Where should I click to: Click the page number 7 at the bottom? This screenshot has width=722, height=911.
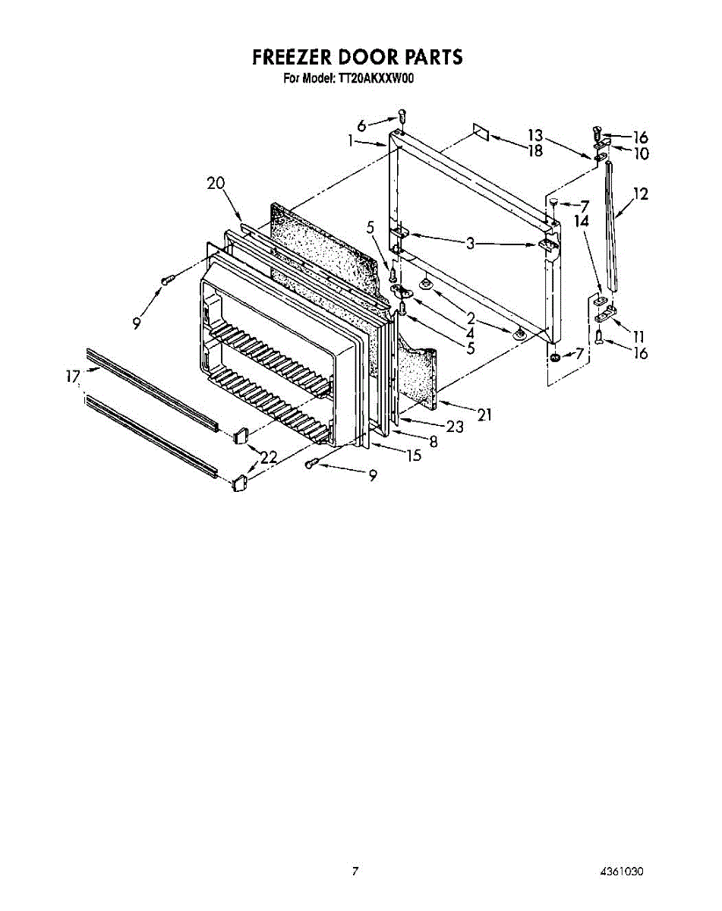[354, 872]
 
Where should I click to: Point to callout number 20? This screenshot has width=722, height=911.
[216, 183]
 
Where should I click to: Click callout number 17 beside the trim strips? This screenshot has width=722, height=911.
[73, 375]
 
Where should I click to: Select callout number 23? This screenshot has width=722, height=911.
[454, 427]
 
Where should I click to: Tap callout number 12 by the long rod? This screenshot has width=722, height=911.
[640, 194]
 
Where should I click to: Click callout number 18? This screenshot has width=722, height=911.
[535, 150]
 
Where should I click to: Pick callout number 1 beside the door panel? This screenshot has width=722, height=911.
[352, 140]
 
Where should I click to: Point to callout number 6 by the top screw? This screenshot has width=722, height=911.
[361, 125]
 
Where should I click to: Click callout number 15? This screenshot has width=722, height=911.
[414, 455]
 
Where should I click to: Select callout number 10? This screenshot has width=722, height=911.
[641, 153]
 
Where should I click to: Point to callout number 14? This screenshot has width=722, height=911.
[582, 221]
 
